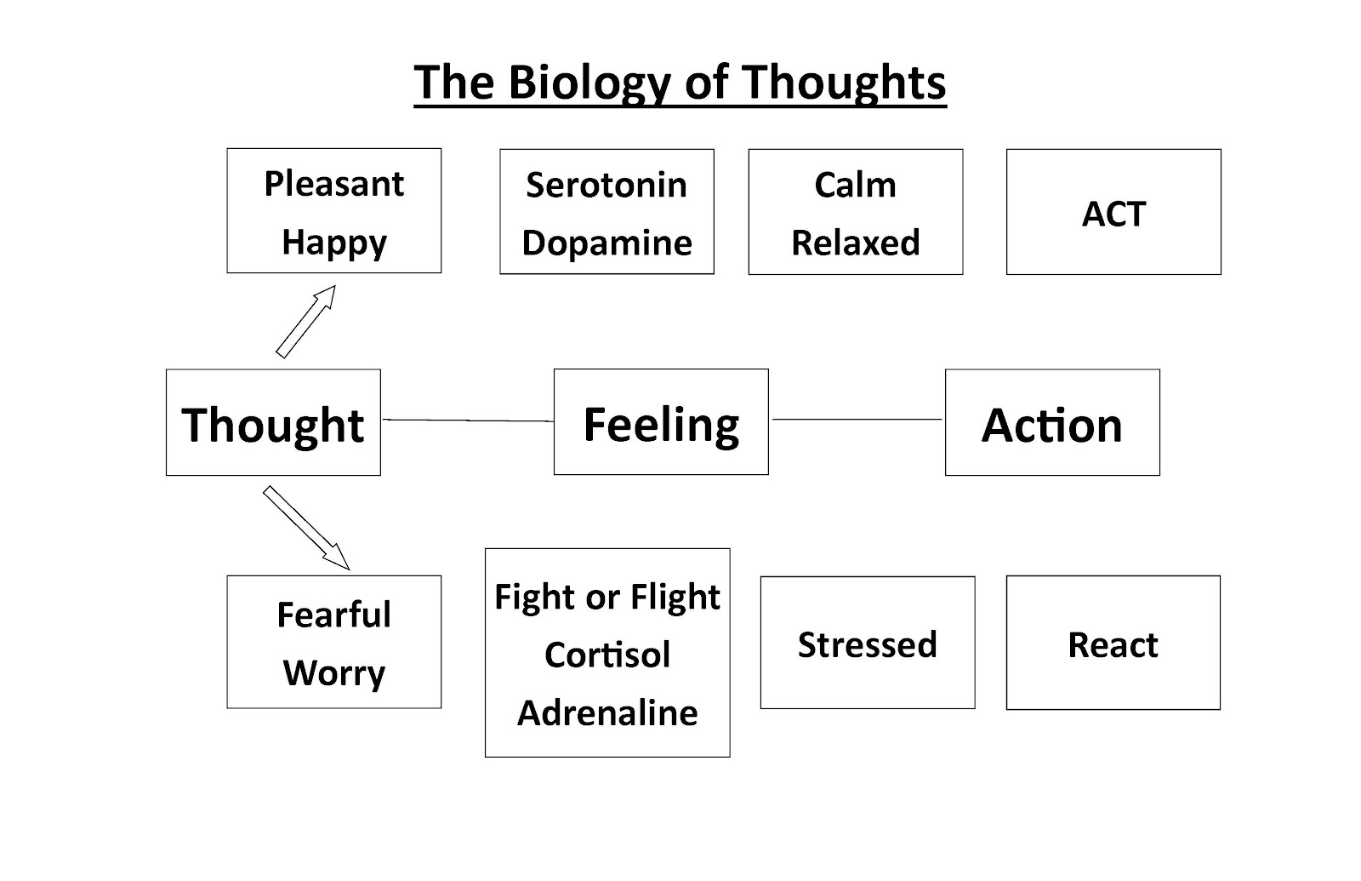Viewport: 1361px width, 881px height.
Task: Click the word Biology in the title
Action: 588,83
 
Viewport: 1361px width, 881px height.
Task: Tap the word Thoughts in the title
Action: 844,82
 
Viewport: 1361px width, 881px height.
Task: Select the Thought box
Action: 273,423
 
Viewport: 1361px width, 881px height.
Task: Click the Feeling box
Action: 661,422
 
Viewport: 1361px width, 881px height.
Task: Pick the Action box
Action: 1052,423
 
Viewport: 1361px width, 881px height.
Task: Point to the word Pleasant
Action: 334,184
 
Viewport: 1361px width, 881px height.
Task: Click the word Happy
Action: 334,243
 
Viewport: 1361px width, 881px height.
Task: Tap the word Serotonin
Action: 606,185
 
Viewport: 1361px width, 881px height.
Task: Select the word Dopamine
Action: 606,243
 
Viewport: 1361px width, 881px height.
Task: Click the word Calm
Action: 855,185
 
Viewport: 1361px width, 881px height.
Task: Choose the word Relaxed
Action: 855,243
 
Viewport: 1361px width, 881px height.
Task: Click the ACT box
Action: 1113,213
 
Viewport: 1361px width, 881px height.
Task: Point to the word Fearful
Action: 334,615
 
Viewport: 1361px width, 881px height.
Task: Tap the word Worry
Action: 334,672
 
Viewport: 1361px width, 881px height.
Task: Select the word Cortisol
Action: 607,655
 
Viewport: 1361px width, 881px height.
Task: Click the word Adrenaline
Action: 607,712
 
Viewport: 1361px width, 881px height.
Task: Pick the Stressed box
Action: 867,644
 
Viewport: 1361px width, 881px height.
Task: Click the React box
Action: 1113,644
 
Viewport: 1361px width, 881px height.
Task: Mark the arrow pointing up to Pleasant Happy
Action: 306,321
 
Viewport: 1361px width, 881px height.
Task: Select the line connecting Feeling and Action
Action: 857,419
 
